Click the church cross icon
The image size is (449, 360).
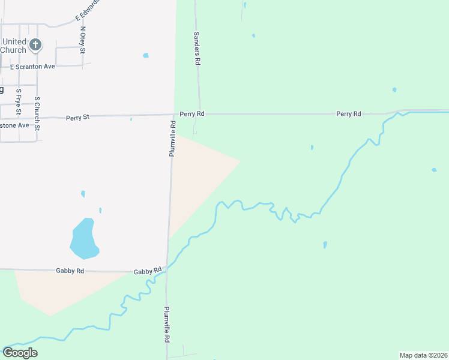(35, 44)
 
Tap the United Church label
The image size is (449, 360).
(13, 46)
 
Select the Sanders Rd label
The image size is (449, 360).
(196, 48)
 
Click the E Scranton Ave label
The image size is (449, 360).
(32, 66)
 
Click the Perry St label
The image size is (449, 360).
(77, 118)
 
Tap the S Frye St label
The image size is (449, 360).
(19, 102)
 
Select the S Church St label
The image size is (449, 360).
(37, 113)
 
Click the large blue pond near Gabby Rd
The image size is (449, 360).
(84, 238)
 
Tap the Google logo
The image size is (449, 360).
(20, 353)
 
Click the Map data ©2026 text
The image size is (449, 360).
(423, 355)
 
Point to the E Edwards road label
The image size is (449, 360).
(87, 8)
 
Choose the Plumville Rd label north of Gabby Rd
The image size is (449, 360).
(172, 139)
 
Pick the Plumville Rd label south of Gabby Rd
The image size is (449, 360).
(166, 325)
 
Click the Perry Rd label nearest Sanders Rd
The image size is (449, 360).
(192, 113)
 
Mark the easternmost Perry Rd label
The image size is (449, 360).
(348, 113)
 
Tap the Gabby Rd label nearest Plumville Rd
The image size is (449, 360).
(148, 271)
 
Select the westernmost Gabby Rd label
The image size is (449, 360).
(70, 271)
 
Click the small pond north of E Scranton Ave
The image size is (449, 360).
(146, 55)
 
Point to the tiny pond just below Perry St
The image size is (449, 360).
(131, 119)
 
